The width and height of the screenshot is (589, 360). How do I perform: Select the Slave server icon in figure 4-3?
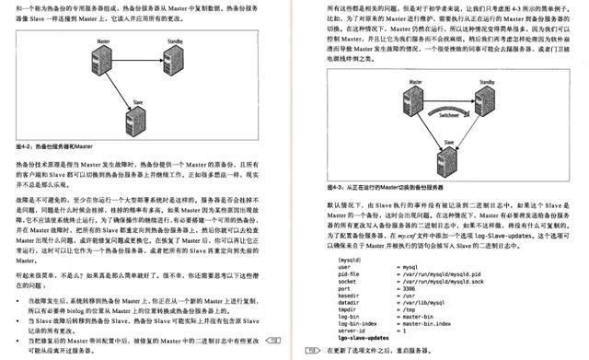click(449, 154)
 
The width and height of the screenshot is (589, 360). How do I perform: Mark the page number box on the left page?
click(275, 343)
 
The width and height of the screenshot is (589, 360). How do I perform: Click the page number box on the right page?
click(311, 350)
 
